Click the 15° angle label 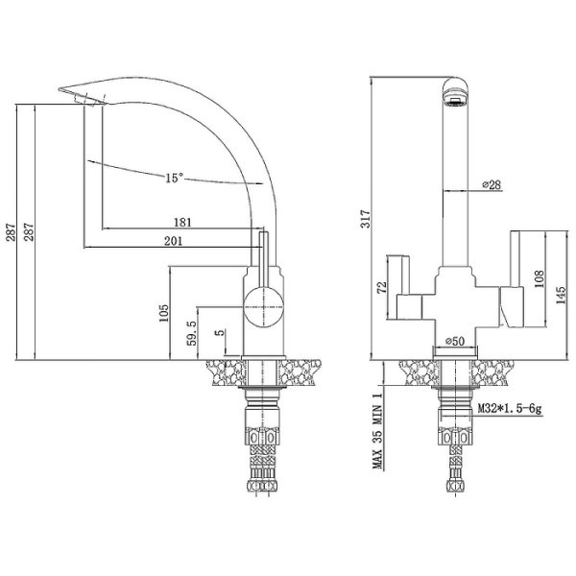pyautogui.click(x=174, y=179)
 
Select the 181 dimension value pyautogui.click(x=182, y=223)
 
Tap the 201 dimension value pyautogui.click(x=173, y=241)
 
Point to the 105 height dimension pyautogui.click(x=163, y=313)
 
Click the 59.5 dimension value pyautogui.click(x=191, y=333)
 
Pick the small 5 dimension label pyautogui.click(x=219, y=333)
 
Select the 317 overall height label pyautogui.click(x=366, y=219)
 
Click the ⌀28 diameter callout pyautogui.click(x=492, y=184)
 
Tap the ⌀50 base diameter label pyautogui.click(x=455, y=341)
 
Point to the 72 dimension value pyautogui.click(x=382, y=287)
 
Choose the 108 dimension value pyautogui.click(x=539, y=278)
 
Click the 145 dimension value pyautogui.click(x=561, y=296)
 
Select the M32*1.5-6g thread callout pyautogui.click(x=510, y=408)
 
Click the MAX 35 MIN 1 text pyautogui.click(x=377, y=430)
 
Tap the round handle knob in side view pyautogui.click(x=264, y=307)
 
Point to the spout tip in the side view pyautogui.click(x=60, y=89)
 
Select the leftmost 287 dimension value pyautogui.click(x=11, y=231)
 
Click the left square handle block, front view pyautogui.click(x=409, y=307)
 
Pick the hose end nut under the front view pyautogui.click(x=455, y=486)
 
